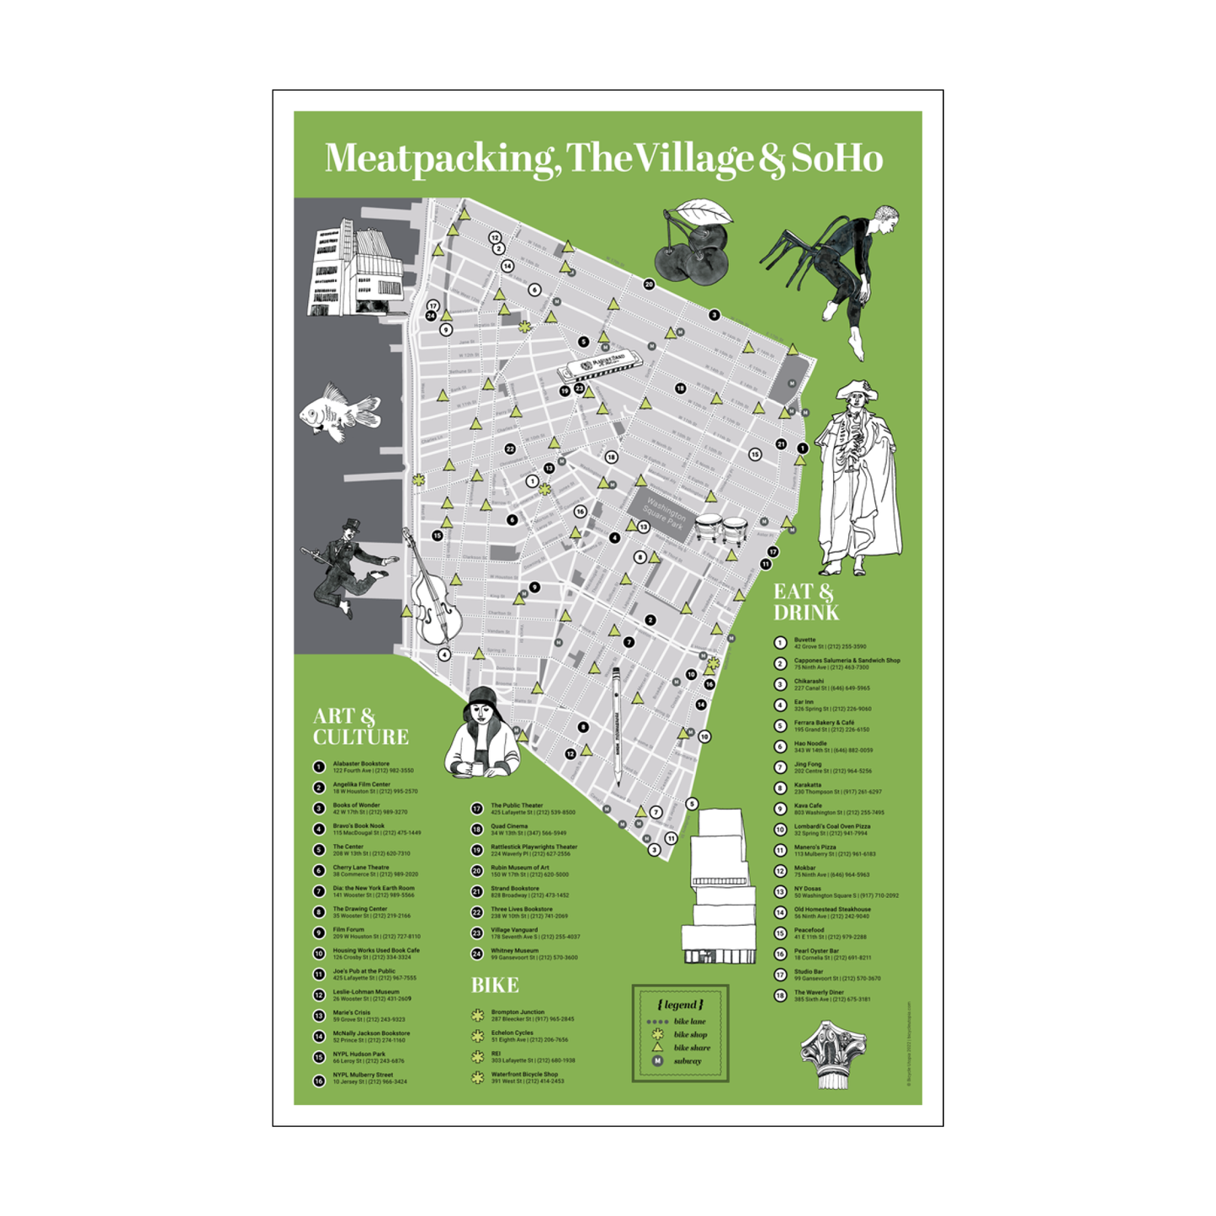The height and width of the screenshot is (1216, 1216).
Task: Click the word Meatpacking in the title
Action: (x=438, y=158)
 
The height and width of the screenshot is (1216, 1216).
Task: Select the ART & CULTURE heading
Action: (x=360, y=727)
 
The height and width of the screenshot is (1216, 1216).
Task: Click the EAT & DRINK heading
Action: (x=805, y=603)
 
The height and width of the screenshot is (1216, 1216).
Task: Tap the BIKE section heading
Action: (x=494, y=985)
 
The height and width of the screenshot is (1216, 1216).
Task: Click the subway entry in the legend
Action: (x=687, y=1061)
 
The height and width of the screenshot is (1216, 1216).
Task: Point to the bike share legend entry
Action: (x=691, y=1048)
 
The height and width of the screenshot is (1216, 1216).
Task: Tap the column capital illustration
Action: (x=832, y=1053)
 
